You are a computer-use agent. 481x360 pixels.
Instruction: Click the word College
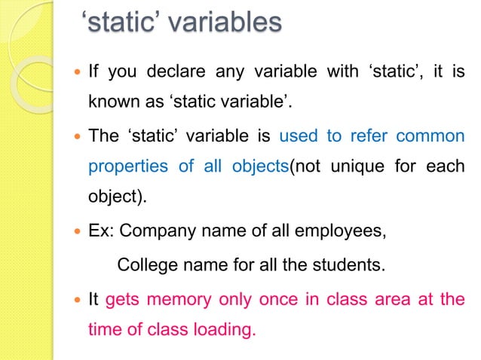pyautogui.click(x=146, y=265)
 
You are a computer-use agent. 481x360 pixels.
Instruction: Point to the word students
pyautogui.click(x=346, y=265)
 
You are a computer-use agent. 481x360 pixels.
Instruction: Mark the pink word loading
pyautogui.click(x=225, y=329)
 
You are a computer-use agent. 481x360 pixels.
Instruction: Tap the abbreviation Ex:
pyautogui.click(x=101, y=231)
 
